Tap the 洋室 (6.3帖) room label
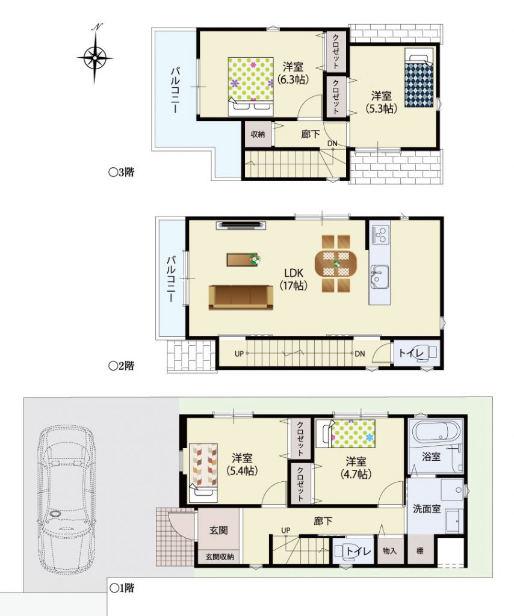coord(293,73)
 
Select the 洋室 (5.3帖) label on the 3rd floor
coord(381,102)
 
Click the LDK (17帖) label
coord(293,279)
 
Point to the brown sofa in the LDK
coord(241,297)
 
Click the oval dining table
coord(336,263)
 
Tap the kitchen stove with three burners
coord(380,235)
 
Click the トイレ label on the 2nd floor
coord(410,353)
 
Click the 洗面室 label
coord(426,509)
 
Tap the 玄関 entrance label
coord(218,530)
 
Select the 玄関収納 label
coord(220,556)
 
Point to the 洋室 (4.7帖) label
coord(356,467)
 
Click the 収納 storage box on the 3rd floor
coord(258,134)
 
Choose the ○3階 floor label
coord(122,172)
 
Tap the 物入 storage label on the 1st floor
coord(389,551)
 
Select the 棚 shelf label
coord(420,551)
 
